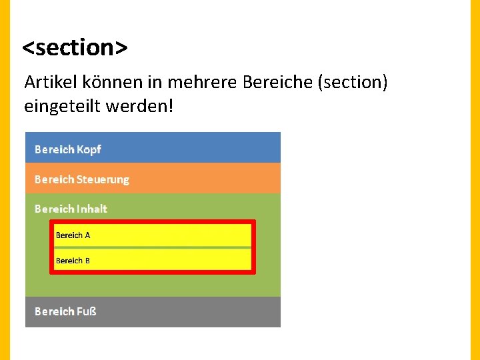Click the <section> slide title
75,47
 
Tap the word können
104,83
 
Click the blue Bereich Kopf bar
153,148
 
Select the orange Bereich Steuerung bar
153,179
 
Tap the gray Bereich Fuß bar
153,311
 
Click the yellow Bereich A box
153,235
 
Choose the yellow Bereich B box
153,260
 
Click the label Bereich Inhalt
71,209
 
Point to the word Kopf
89,149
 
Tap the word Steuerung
103,179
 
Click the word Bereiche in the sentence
279,83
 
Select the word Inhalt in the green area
92,209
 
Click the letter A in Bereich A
87,235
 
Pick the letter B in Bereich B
87,261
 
